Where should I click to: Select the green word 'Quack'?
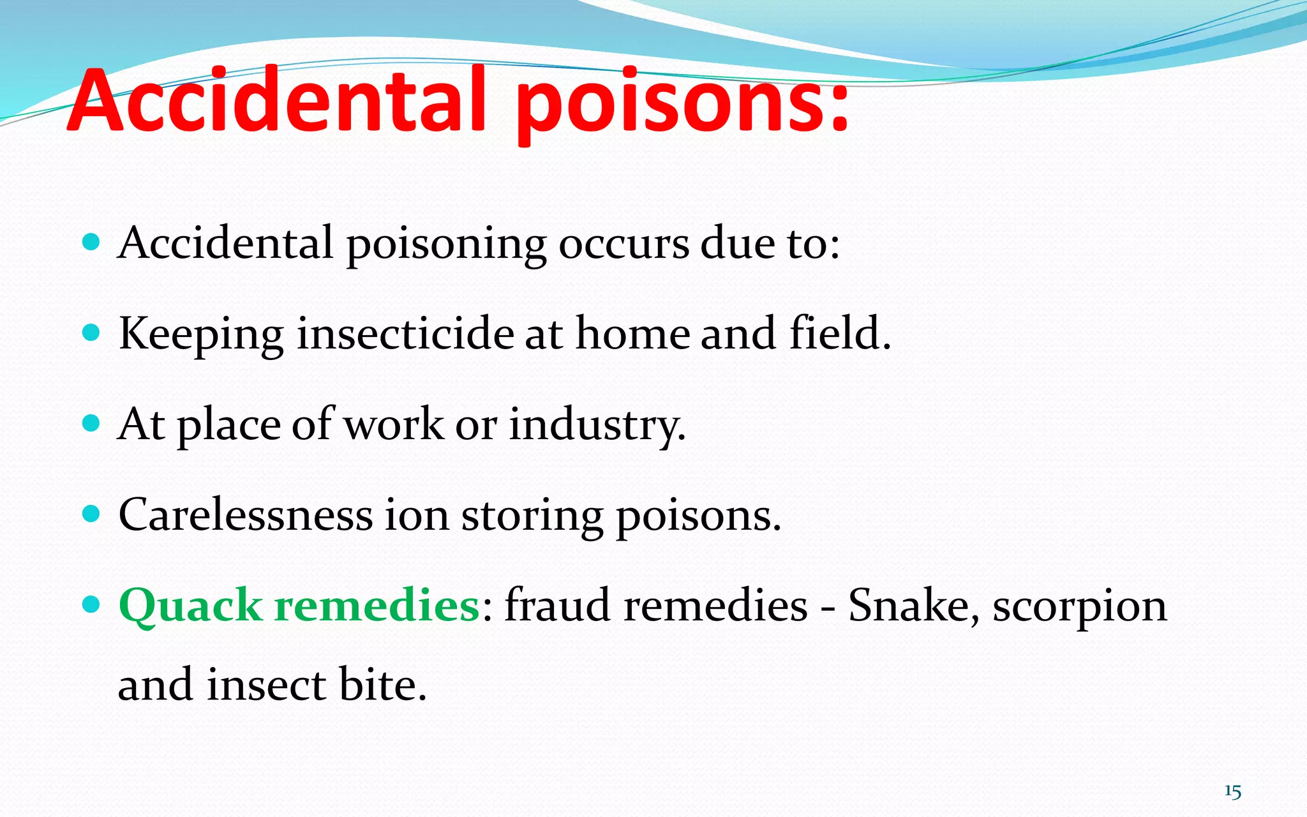click(190, 605)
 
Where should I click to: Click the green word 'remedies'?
click(377, 605)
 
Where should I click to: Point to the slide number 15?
click(1232, 792)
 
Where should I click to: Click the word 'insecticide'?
click(405, 334)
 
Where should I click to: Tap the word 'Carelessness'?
click(246, 514)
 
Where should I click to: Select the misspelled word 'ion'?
click(416, 514)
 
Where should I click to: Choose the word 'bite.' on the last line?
click(382, 684)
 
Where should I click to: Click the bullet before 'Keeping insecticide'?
click(92, 333)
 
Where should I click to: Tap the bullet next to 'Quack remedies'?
click(92, 604)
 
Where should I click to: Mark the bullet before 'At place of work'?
click(92, 423)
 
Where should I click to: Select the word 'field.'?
click(839, 334)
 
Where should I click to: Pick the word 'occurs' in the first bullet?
click(624, 244)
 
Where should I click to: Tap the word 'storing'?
click(532, 516)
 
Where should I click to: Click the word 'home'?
click(632, 334)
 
